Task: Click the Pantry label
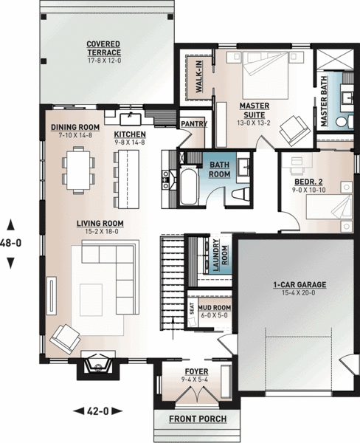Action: (x=193, y=124)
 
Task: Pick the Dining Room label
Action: (x=75, y=127)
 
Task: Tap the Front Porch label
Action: (x=197, y=419)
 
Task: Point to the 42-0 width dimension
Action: (x=97, y=411)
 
